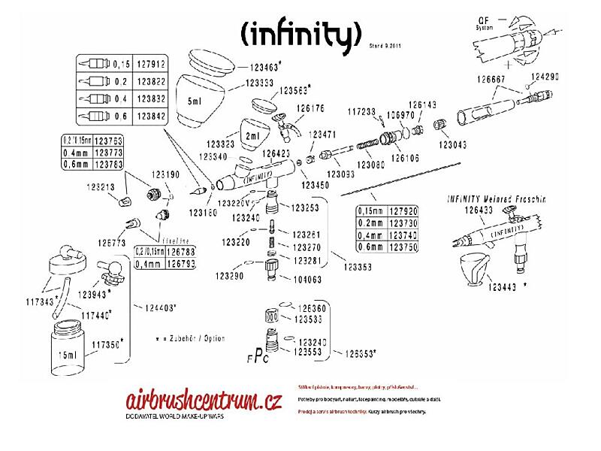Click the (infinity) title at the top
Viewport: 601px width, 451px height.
301,33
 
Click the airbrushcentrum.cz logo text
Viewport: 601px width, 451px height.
198,401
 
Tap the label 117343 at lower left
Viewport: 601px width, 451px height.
41,302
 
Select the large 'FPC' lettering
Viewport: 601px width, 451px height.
258,357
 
